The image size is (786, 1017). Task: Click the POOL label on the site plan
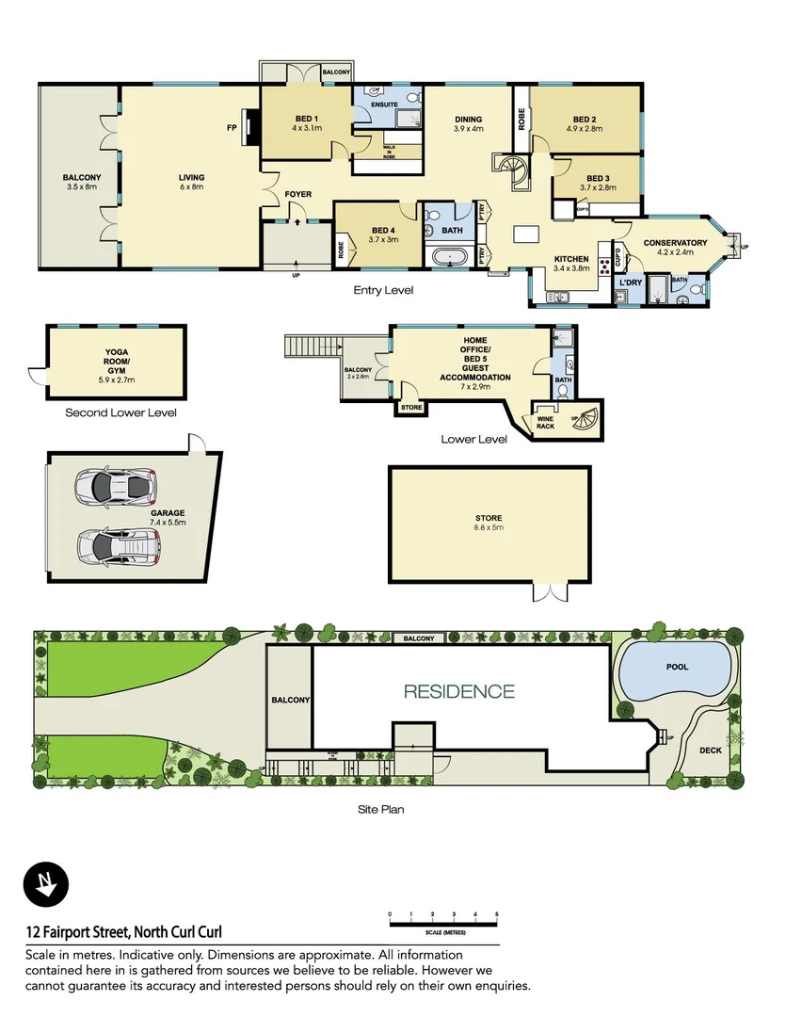coord(677,667)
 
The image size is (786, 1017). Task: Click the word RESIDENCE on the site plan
coord(458,692)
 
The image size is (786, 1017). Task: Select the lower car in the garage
coord(119,543)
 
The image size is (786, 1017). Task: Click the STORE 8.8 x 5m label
coord(489,523)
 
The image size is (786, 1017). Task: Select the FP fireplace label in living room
coord(231,127)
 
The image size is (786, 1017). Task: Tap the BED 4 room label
coord(382,234)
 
